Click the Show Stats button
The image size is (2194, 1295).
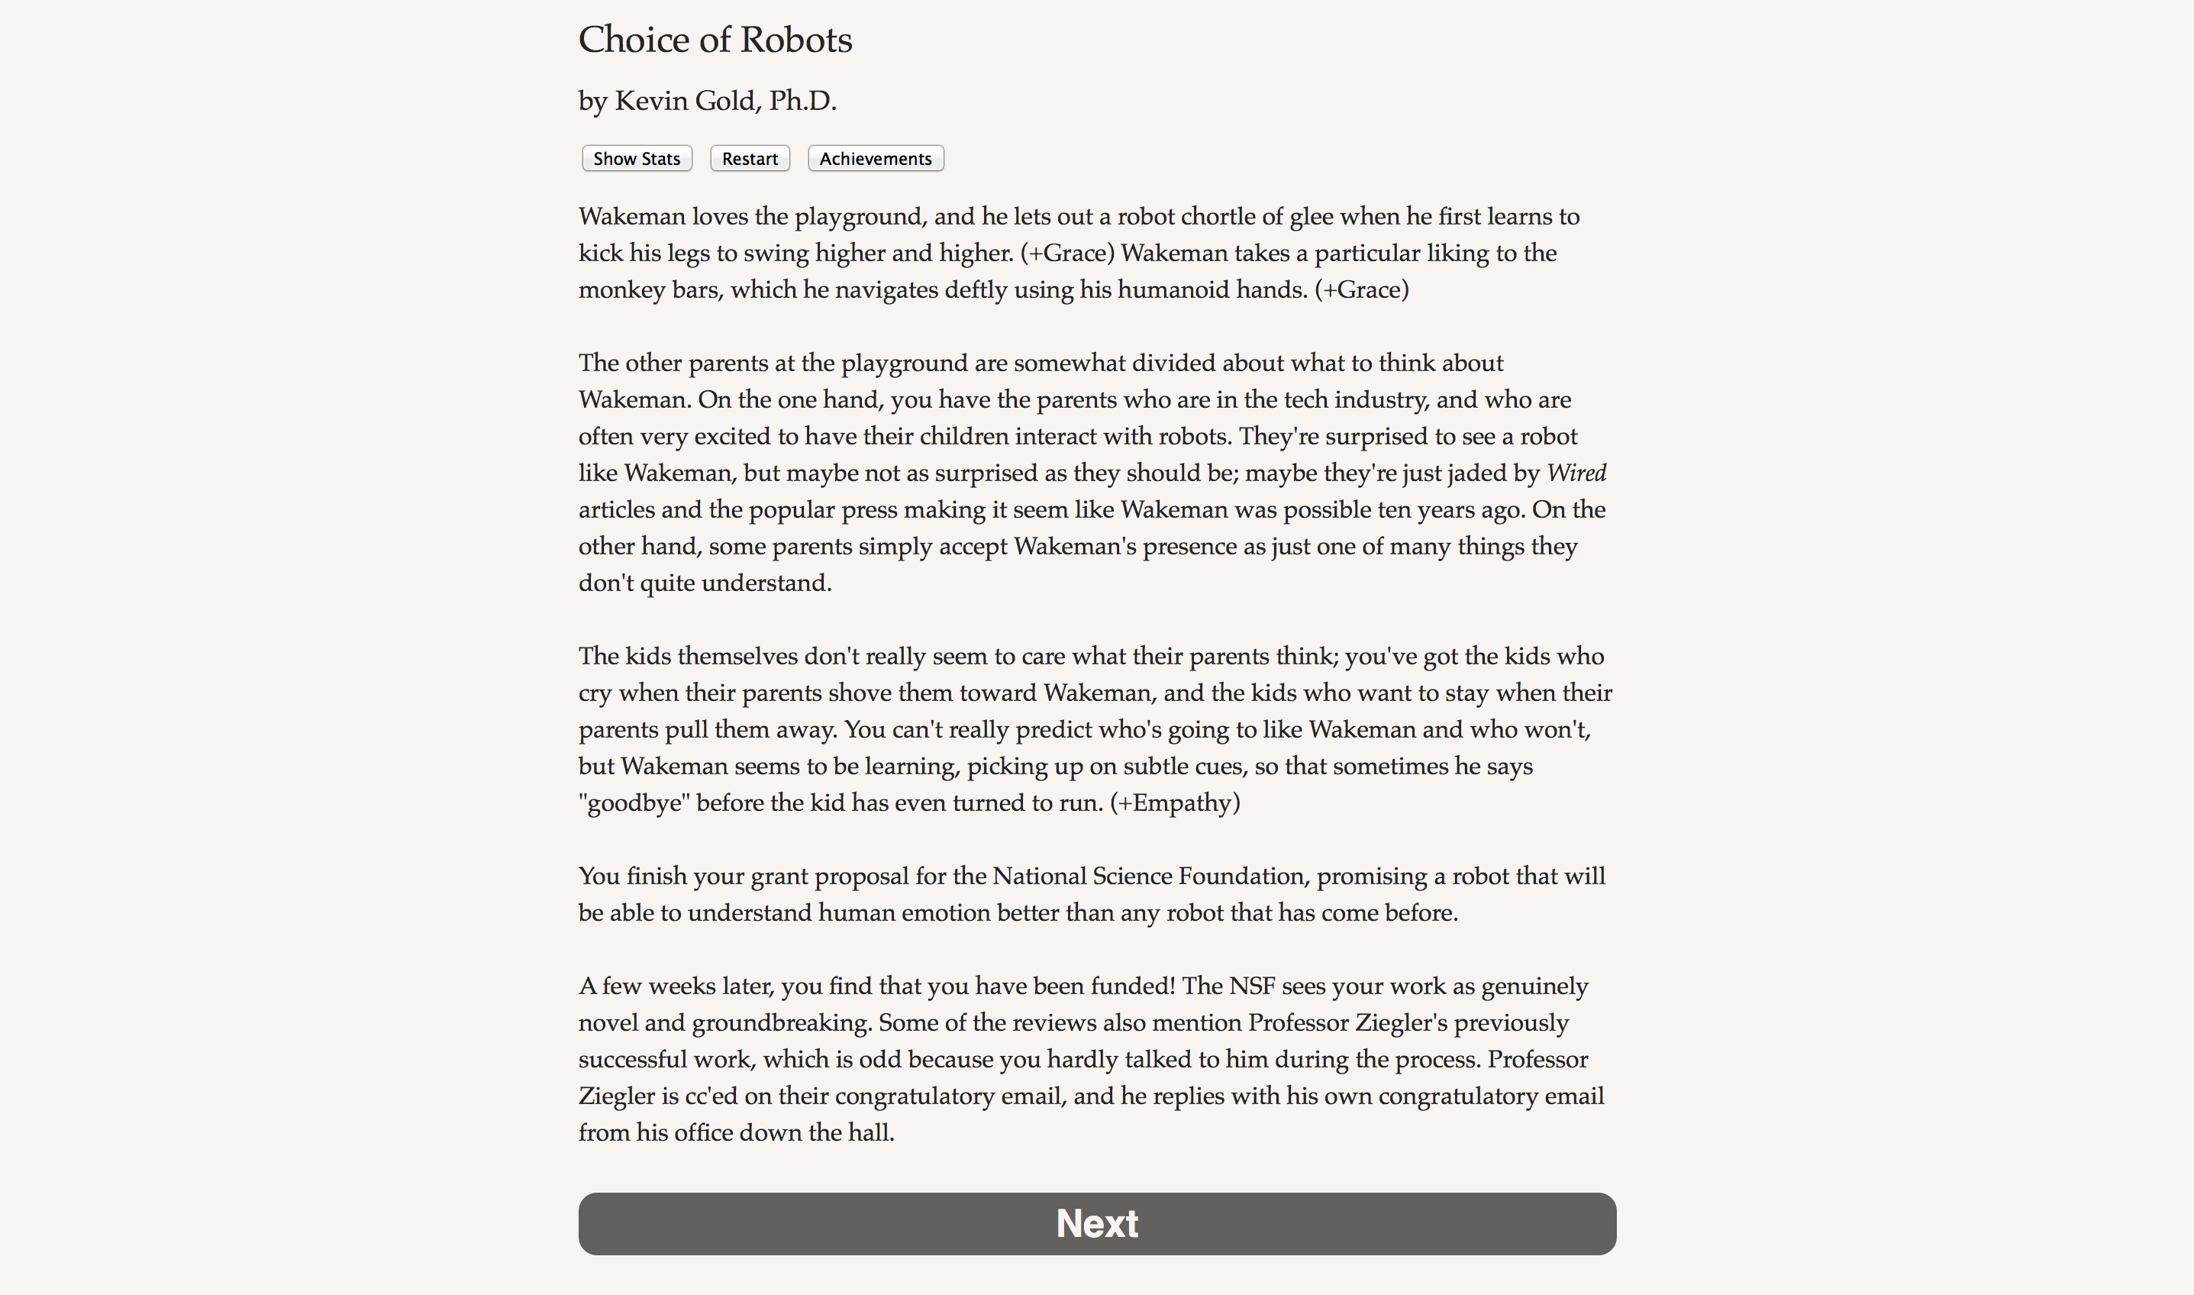coord(636,159)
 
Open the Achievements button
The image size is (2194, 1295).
coord(875,159)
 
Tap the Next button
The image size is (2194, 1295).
coord(1096,1223)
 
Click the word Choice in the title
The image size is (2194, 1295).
coord(634,40)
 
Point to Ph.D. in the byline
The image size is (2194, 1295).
coord(802,102)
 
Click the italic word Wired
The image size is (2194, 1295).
coord(1576,473)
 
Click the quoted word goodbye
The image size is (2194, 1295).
coord(634,803)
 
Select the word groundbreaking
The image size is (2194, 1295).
coord(781,1022)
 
